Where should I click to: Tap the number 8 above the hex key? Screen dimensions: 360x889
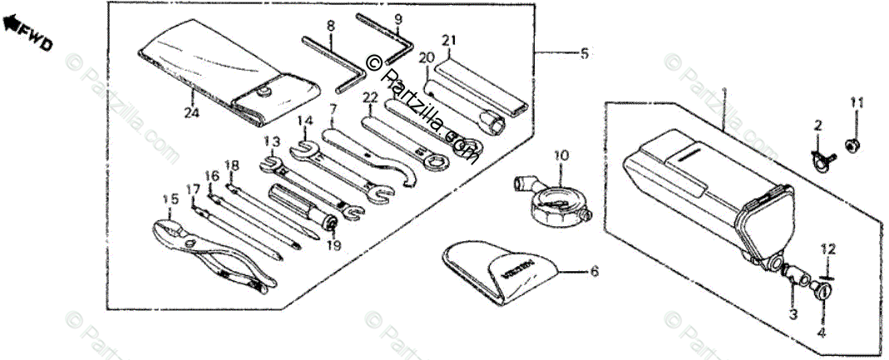(330, 27)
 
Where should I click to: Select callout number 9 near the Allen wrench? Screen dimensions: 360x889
(398, 19)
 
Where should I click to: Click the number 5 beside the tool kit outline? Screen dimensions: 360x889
(585, 54)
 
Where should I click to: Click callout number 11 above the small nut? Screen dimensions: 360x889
(857, 102)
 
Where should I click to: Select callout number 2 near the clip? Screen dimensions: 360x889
(817, 126)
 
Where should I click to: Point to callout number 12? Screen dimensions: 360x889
(827, 249)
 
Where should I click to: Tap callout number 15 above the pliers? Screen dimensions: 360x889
(170, 200)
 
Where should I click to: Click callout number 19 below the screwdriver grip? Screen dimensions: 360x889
(333, 244)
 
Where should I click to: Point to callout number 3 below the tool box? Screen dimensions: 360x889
(793, 314)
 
